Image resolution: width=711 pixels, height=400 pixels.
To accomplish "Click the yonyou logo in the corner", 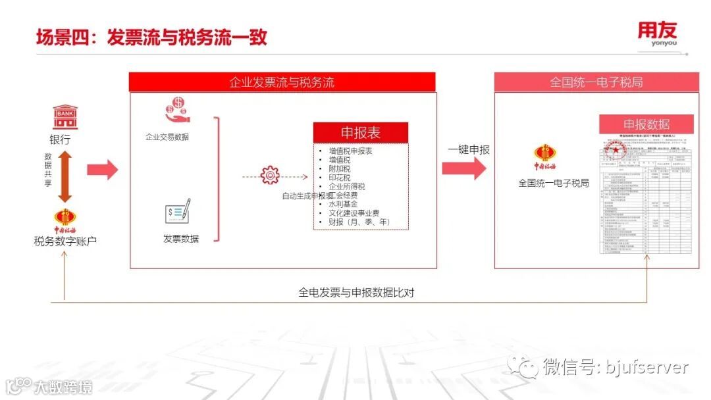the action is [x=656, y=34].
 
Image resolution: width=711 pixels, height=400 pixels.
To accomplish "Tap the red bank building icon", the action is [x=65, y=117].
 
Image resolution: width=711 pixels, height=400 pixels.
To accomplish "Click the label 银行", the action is [x=60, y=139].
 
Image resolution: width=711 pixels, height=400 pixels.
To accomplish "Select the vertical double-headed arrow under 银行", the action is [x=65, y=176].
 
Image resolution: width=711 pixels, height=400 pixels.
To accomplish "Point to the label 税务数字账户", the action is [x=65, y=241].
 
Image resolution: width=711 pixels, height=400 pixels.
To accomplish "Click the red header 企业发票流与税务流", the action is [x=282, y=82].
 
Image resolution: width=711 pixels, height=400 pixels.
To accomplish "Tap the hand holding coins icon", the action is [x=177, y=110].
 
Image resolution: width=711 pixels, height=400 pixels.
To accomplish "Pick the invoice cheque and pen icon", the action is [x=178, y=213].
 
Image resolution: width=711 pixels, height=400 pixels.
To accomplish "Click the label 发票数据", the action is [x=181, y=238].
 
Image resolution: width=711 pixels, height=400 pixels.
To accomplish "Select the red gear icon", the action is [x=270, y=176].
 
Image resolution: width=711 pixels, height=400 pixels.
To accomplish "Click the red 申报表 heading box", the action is [x=360, y=132].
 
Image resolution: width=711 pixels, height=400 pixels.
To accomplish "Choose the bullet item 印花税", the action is [x=340, y=178].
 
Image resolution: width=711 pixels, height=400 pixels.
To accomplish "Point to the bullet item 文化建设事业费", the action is [x=354, y=213].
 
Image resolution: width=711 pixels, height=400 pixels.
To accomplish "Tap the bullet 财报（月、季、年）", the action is [x=359, y=222].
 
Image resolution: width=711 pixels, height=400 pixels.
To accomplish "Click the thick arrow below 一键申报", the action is [x=463, y=168].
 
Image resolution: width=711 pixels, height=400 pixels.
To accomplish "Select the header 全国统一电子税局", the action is [x=596, y=82].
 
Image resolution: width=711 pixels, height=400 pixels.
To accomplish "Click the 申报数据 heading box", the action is [x=646, y=124].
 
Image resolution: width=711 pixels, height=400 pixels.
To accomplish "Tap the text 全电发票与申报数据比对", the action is [x=356, y=292].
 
